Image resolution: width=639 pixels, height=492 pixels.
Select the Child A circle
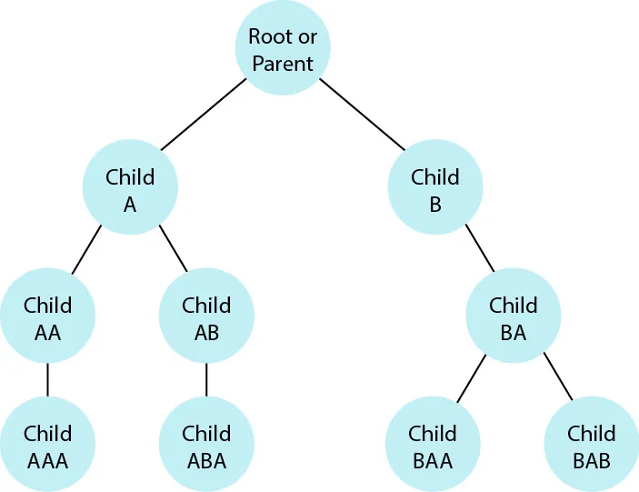tap(130, 190)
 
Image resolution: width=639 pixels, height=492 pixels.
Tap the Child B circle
tap(435, 190)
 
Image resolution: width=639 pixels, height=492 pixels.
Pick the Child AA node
tap(47, 318)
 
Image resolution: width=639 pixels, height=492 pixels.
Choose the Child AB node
tap(206, 318)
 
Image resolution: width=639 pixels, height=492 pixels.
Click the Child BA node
tap(514, 318)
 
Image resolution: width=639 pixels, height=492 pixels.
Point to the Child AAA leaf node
tap(47, 447)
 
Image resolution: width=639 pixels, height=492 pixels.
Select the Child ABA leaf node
tap(206, 447)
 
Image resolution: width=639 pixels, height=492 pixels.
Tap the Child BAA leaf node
tap(433, 447)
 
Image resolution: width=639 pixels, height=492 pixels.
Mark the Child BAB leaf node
tap(592, 447)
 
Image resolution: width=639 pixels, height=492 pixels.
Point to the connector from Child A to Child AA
tap(87, 249)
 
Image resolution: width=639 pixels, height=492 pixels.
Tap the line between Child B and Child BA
tap(479, 248)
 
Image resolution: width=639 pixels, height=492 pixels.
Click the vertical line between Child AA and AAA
tap(47, 380)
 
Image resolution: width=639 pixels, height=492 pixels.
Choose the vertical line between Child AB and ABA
tap(206, 380)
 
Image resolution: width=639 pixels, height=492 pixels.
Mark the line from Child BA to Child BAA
tap(471, 378)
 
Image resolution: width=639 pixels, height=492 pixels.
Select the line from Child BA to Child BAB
tap(558, 377)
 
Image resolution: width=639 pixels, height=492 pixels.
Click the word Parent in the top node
tap(283, 64)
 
